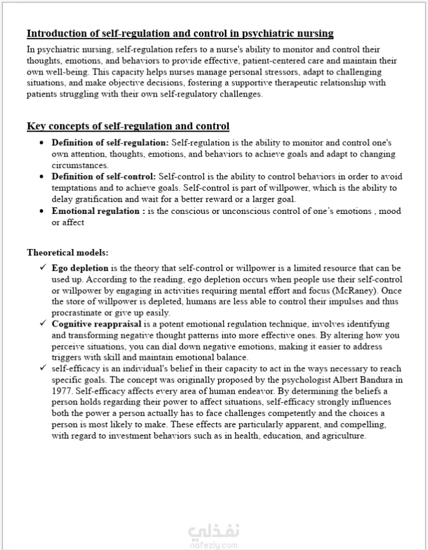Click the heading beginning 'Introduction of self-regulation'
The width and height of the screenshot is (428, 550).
point(180,33)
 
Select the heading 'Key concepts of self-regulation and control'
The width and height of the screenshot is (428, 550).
point(128,126)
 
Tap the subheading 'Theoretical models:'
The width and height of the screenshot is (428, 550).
point(67,253)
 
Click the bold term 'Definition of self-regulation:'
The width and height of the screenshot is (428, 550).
point(110,143)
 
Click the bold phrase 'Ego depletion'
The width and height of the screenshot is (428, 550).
point(80,268)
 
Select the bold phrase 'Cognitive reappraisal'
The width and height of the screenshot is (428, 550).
point(97,324)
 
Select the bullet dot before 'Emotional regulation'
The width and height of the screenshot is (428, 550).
point(41,212)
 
